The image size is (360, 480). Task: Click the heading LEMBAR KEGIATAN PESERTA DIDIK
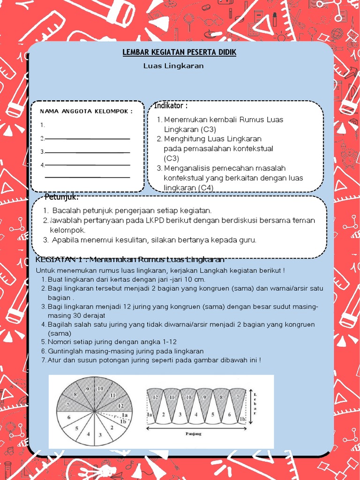pyautogui.click(x=180, y=52)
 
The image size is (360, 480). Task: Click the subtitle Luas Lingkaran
pyautogui.click(x=173, y=66)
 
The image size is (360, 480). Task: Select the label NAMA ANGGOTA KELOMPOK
pyautogui.click(x=86, y=111)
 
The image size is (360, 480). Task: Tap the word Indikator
pyautogui.click(x=171, y=105)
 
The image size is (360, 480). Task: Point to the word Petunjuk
pyautogui.click(x=61, y=196)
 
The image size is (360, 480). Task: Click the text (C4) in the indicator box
pyautogui.click(x=205, y=187)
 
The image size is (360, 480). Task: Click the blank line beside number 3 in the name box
pyautogui.click(x=87, y=152)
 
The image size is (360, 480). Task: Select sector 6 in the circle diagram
pyautogui.click(x=69, y=417)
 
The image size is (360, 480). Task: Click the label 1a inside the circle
pyautogui.click(x=125, y=415)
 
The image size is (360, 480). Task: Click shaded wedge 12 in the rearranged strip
pyautogui.click(x=155, y=397)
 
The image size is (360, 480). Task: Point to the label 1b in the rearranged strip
pyautogui.click(x=242, y=419)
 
